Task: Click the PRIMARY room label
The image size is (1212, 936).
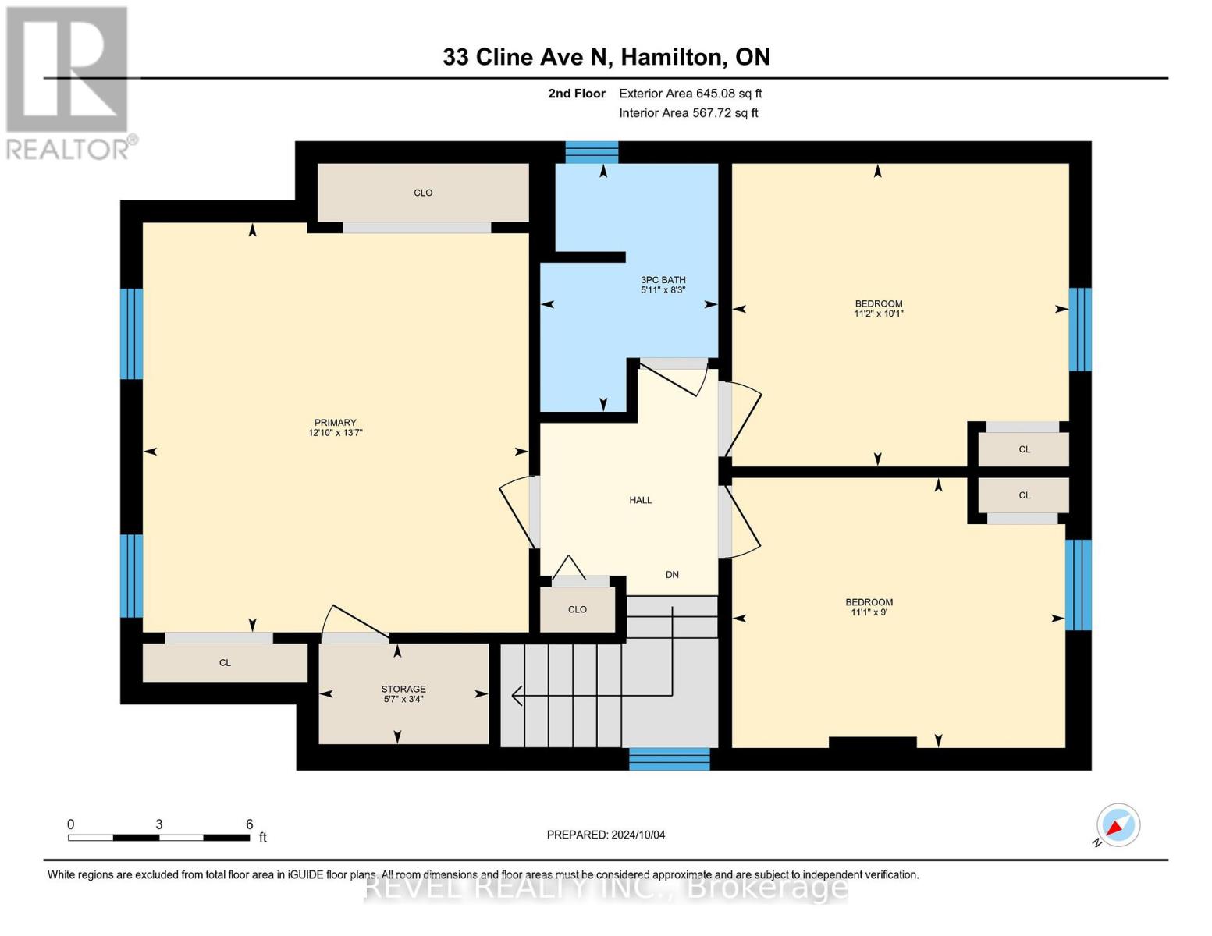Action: (x=335, y=422)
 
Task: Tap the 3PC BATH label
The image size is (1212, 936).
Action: (x=663, y=279)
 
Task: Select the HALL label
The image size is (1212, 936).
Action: (x=640, y=500)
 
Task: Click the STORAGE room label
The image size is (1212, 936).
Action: (x=403, y=689)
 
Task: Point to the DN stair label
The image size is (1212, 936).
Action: (x=672, y=574)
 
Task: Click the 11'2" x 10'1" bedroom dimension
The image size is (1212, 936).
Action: (x=878, y=314)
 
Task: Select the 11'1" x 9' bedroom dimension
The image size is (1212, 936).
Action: (x=869, y=612)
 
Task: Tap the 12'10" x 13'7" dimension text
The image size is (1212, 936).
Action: (x=335, y=432)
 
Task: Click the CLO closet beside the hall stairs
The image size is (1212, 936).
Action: (x=577, y=609)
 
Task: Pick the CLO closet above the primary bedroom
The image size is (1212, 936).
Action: (x=422, y=193)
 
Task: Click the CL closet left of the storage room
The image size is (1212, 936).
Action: (x=225, y=662)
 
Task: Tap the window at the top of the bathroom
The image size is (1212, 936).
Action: (x=592, y=151)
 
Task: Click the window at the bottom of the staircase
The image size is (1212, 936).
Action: (x=669, y=758)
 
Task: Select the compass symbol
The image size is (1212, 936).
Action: (x=1118, y=825)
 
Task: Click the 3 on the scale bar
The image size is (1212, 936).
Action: (x=159, y=824)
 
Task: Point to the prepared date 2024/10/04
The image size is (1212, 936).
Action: (x=606, y=835)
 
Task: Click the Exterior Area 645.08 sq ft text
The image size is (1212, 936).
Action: (x=690, y=94)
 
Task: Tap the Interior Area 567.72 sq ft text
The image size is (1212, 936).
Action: (x=688, y=113)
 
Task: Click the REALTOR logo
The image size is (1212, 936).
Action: (x=69, y=83)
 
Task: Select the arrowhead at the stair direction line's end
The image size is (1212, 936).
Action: (x=516, y=695)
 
